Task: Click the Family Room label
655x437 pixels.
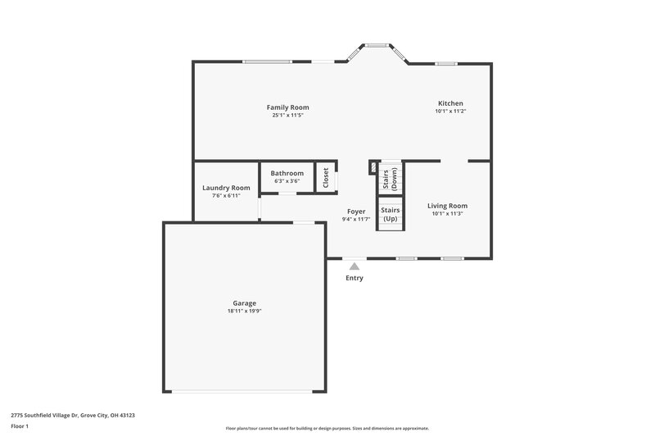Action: click(287, 107)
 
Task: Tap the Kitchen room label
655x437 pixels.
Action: click(450, 103)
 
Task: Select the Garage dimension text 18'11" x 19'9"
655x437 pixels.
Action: click(244, 311)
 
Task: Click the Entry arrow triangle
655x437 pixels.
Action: click(355, 266)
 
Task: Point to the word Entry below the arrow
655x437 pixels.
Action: click(355, 278)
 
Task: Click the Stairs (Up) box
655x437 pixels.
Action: click(391, 215)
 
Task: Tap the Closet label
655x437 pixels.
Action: click(326, 178)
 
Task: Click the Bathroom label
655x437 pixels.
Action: click(287, 173)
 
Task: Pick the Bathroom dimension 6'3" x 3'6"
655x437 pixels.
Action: click(287, 181)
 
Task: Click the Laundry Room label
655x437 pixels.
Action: click(226, 188)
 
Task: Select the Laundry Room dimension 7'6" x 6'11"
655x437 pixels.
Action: click(226, 196)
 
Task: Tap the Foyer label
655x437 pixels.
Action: click(356, 212)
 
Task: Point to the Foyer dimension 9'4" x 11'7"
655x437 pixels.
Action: click(356, 219)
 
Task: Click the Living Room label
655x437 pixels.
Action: click(448, 206)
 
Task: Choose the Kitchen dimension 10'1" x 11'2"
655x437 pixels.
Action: click(450, 112)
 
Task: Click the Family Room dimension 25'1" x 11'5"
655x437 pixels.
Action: click(287, 116)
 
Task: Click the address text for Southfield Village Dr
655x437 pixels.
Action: click(73, 416)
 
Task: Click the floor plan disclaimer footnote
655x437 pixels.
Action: click(327, 428)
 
